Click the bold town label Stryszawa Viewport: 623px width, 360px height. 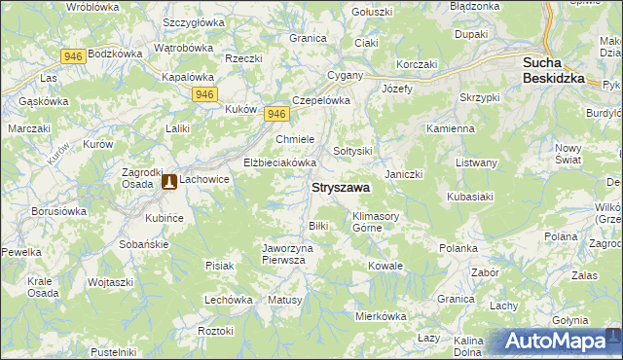339,188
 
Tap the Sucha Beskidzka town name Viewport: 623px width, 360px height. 553,70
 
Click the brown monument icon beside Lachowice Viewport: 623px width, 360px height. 168,181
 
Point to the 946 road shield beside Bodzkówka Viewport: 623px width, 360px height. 72,56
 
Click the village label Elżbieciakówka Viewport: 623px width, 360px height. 280,162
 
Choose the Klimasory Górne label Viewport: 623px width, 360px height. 378,221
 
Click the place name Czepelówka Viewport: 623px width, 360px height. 320,99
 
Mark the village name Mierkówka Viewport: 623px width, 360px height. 380,316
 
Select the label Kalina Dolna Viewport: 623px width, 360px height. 468,346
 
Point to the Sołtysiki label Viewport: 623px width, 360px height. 353,151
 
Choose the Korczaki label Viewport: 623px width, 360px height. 416,63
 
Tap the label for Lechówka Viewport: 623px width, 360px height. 229,301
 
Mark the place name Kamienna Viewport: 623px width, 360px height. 451,128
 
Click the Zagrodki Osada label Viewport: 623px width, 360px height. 136,177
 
